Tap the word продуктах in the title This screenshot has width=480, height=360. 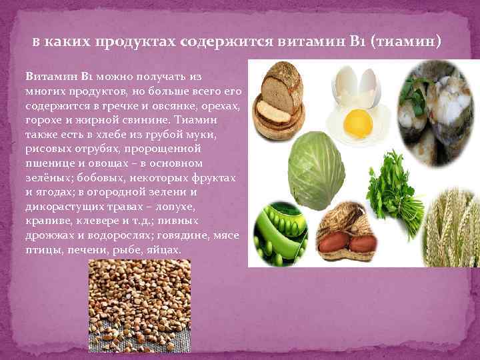tap(135, 42)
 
